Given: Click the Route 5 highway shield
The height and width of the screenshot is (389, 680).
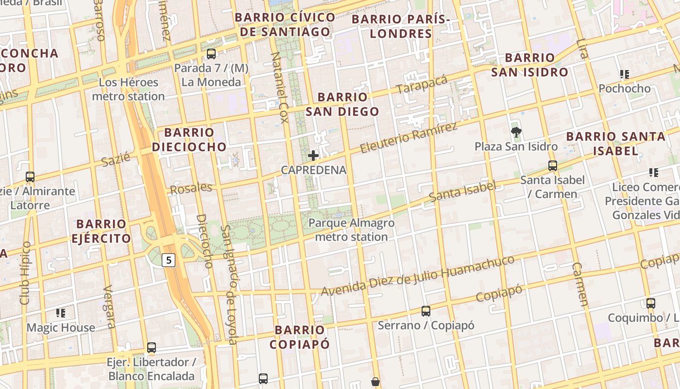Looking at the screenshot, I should (169, 260).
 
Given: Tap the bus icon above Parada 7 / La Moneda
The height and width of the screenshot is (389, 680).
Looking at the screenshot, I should (211, 53).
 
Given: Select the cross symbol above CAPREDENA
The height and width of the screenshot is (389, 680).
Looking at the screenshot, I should (313, 156).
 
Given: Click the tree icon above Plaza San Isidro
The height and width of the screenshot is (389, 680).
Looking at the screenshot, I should (516, 132).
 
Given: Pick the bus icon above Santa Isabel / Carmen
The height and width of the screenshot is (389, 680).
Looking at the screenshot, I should (552, 165).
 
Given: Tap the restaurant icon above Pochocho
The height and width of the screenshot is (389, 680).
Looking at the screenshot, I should (624, 74).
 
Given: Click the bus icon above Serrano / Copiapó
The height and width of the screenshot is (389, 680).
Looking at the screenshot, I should (425, 311).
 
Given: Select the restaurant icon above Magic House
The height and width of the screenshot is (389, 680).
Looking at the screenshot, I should (61, 313).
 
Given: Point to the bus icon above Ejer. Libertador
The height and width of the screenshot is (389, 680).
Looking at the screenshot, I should (152, 348).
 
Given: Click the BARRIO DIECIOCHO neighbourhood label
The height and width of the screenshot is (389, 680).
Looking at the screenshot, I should (189, 140).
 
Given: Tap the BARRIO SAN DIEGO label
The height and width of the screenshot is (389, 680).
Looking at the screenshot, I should (342, 104).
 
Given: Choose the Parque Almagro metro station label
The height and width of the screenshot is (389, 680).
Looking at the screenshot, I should (351, 230).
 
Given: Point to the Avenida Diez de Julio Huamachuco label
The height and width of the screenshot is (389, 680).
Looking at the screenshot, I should (418, 276).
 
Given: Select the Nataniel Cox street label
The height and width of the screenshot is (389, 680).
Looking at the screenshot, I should (280, 88).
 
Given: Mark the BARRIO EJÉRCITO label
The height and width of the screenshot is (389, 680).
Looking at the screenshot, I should (101, 231).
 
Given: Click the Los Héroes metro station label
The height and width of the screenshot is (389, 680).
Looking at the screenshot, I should (128, 89).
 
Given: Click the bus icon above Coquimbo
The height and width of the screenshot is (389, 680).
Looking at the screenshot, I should (650, 303).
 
